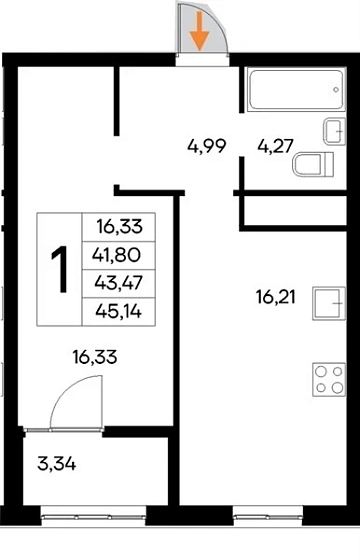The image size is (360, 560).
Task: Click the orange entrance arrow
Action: coord(199,31)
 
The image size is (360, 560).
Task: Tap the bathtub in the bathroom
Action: coord(296,90)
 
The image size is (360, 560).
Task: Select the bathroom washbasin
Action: coord(335,131)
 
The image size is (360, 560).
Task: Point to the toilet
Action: coord(314,165)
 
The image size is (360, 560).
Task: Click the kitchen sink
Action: coord(329,303)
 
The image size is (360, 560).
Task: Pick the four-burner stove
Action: coord(329,380)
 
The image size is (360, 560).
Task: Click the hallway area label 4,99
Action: coord(207,146)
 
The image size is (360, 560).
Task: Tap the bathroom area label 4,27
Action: coord(275,146)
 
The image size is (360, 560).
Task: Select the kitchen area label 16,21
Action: coord(276,297)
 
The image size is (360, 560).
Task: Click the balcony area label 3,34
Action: coord(56,464)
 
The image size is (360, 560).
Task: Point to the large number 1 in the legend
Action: coord(60,269)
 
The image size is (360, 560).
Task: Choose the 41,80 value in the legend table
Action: coord(116,255)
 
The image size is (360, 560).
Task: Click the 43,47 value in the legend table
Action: coord(119,283)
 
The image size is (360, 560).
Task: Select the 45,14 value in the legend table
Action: coord(119,312)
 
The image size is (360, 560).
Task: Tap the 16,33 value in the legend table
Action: coord(120,226)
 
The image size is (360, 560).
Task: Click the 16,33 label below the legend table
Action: coord(95,357)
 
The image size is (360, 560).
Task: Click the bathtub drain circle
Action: coord(336,90)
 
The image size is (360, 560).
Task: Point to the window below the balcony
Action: coord(94,516)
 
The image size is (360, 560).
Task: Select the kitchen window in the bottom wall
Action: coord(268,516)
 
